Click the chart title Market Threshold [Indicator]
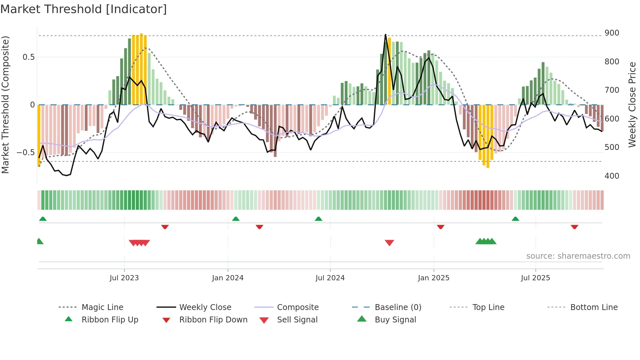[x=84, y=9]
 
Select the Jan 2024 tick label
[x=228, y=278]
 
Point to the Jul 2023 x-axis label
[x=124, y=278]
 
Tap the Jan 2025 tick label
[x=434, y=278]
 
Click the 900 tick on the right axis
[x=612, y=33]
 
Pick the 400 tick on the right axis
[x=612, y=176]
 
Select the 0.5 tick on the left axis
[x=28, y=57]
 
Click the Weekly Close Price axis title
[x=632, y=105]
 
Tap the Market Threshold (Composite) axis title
[x=5, y=105]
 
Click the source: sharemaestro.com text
[x=578, y=256]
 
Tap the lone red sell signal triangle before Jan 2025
[x=389, y=243]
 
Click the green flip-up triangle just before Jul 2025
[x=515, y=219]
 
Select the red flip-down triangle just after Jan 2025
[x=440, y=227]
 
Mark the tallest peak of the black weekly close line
[x=386, y=34]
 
